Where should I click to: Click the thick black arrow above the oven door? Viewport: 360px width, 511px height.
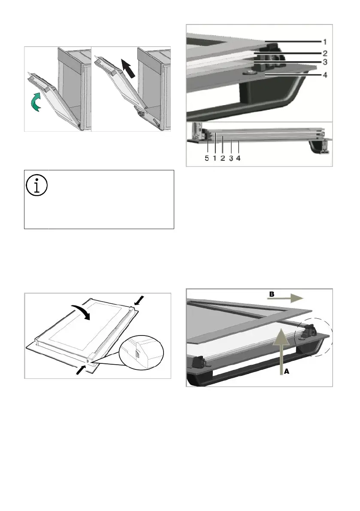click(x=127, y=68)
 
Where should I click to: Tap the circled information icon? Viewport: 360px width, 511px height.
click(x=36, y=185)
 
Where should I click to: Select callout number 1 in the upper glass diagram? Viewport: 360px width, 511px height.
click(x=325, y=42)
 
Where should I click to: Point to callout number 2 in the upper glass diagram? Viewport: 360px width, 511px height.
click(x=325, y=53)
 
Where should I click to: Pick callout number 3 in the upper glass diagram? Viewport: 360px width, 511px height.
click(x=325, y=62)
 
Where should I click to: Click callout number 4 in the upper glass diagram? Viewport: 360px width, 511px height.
click(x=325, y=75)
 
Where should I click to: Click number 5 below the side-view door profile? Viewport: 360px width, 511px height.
click(x=207, y=158)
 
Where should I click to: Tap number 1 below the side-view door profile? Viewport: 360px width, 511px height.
click(x=215, y=158)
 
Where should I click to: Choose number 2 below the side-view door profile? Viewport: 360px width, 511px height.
click(x=223, y=158)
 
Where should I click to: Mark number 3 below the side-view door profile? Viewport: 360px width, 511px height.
click(x=231, y=158)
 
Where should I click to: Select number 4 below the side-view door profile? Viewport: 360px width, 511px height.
click(x=238, y=158)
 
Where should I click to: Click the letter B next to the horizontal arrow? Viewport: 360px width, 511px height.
click(x=271, y=294)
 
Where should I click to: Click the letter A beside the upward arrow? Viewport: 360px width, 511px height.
click(x=287, y=371)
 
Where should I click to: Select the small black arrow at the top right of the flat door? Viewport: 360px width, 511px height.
click(x=139, y=300)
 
